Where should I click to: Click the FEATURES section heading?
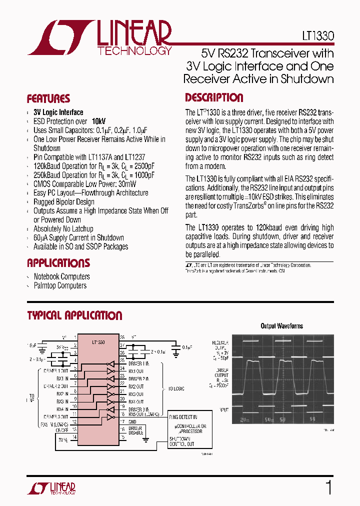point(48,98)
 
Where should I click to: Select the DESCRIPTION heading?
point(214,97)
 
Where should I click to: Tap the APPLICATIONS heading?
point(58,263)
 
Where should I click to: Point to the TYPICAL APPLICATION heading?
point(74,315)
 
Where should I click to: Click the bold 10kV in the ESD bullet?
point(98,121)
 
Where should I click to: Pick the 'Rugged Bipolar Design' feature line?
point(64,201)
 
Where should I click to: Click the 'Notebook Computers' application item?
point(61,276)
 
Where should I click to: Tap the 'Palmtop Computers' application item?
point(60,285)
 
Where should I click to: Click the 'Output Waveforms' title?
point(281,326)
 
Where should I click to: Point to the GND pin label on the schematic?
point(132,422)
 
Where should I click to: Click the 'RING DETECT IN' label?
point(183,417)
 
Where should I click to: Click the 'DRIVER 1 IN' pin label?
point(139,363)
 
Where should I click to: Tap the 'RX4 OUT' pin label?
point(136,401)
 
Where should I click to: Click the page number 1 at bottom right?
point(328,487)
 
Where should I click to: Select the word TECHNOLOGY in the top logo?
point(134,51)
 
